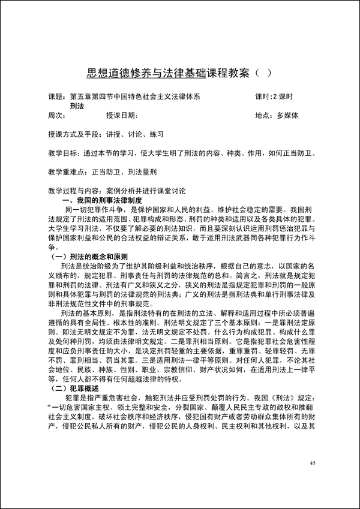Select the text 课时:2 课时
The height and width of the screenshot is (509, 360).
(x=274, y=97)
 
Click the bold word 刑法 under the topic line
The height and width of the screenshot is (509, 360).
(x=76, y=106)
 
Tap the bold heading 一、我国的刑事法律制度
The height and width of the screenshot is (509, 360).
(x=102, y=201)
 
